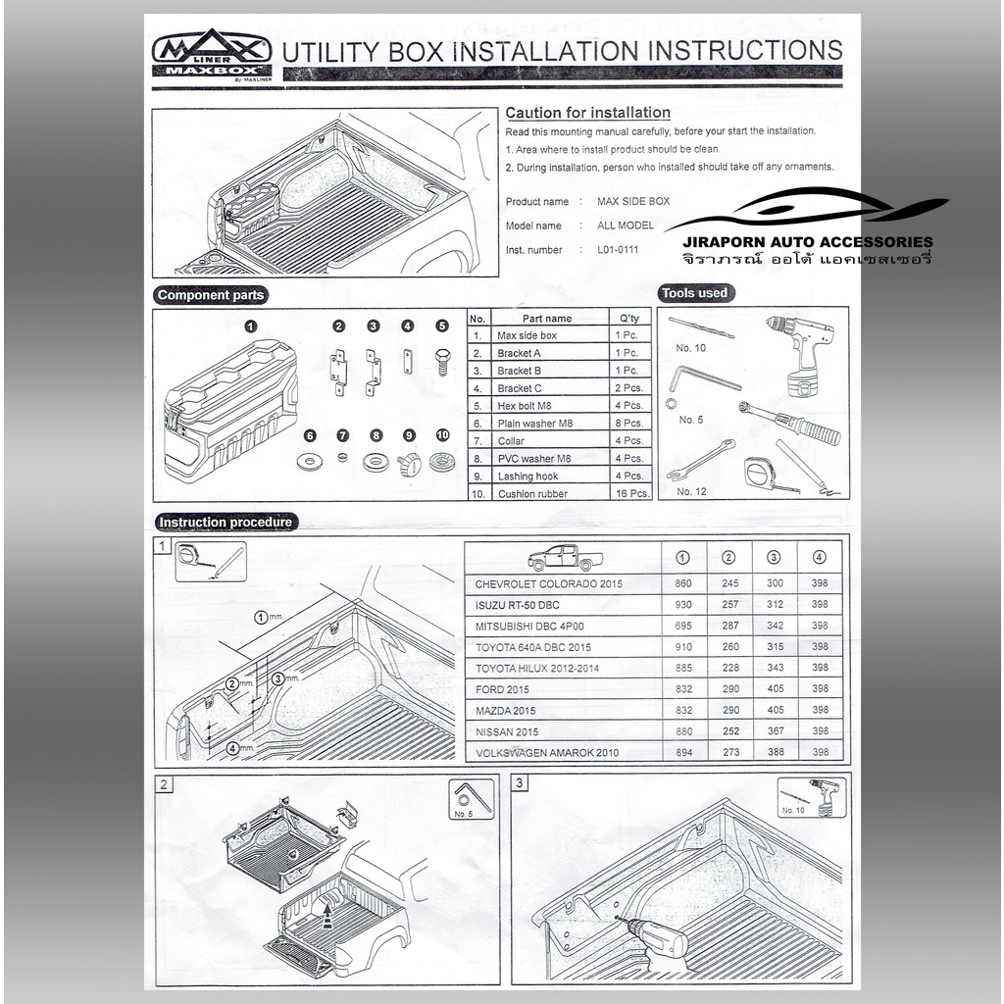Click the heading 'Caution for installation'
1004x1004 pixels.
coord(588,113)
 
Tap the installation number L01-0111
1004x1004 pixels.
coord(618,250)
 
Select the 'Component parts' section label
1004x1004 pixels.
coord(211,295)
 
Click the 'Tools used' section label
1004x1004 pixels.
coord(695,293)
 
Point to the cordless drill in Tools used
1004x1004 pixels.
coord(803,354)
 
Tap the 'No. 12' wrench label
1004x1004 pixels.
coord(691,492)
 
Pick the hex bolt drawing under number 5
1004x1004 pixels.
coord(442,362)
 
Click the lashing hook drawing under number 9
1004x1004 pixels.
coord(409,464)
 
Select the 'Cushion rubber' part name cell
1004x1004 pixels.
coord(532,494)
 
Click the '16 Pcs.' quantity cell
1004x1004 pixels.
coord(632,494)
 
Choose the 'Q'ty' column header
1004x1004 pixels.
coord(629,319)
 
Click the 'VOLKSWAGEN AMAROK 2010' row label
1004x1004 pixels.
coord(547,753)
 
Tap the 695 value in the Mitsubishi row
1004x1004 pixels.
coord(683,626)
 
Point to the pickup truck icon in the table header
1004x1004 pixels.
coord(565,558)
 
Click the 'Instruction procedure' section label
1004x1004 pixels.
coord(226,523)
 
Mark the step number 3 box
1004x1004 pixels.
coord(520,783)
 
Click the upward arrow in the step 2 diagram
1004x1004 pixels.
coord(327,916)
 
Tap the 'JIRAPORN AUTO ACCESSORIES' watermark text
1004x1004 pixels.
coord(808,242)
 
